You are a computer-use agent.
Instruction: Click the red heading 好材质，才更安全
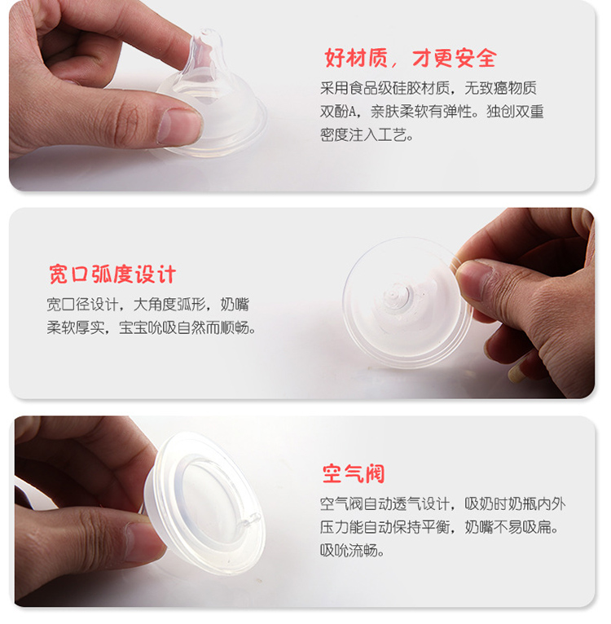point(411,58)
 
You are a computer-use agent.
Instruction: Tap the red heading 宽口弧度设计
point(112,275)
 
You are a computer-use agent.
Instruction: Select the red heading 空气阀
point(354,473)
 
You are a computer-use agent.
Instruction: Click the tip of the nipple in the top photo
point(207,33)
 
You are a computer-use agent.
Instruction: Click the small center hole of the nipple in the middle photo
point(393,295)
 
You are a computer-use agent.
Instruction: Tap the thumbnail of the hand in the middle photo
point(471,278)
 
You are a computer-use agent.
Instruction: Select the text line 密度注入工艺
point(367,135)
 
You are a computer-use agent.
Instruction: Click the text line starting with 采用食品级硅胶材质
point(429,88)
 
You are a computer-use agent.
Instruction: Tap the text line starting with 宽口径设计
point(147,305)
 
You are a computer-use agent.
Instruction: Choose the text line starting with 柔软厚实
point(152,328)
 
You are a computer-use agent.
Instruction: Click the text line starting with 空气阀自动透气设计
point(442,503)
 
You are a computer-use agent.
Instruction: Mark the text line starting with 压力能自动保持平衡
point(439,527)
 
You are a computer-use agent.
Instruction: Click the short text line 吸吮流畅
point(352,551)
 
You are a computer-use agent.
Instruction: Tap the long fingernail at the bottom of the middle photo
point(518,372)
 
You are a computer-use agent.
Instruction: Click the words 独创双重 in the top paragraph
point(515,112)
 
